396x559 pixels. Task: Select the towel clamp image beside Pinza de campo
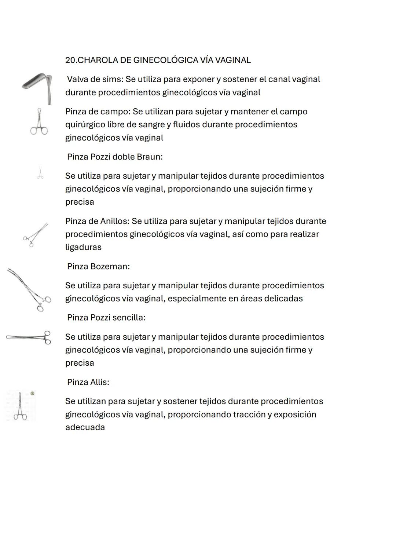39,122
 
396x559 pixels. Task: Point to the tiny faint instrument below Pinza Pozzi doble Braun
40,172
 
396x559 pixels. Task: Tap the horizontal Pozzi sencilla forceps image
29,337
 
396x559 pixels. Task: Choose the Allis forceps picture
20,406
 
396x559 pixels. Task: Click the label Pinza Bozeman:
98,267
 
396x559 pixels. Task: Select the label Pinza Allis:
88,382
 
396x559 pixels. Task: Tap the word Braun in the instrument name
149,157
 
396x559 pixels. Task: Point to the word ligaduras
83,247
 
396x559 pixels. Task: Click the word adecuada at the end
85,427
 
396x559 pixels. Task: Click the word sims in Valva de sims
113,80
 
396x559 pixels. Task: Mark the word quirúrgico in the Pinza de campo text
85,125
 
